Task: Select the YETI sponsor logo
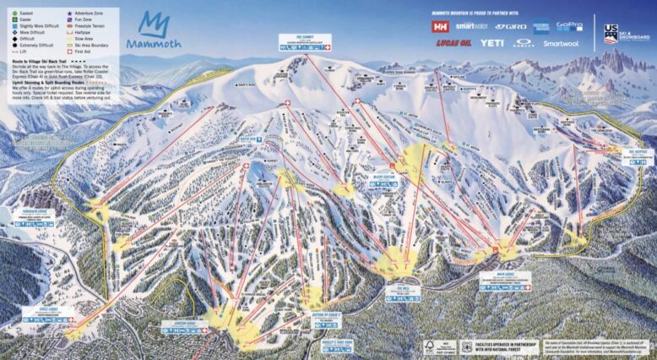492,42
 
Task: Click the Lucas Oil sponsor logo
453,42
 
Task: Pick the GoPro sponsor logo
570,26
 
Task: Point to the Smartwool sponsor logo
561,43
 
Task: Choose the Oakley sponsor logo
524,42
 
